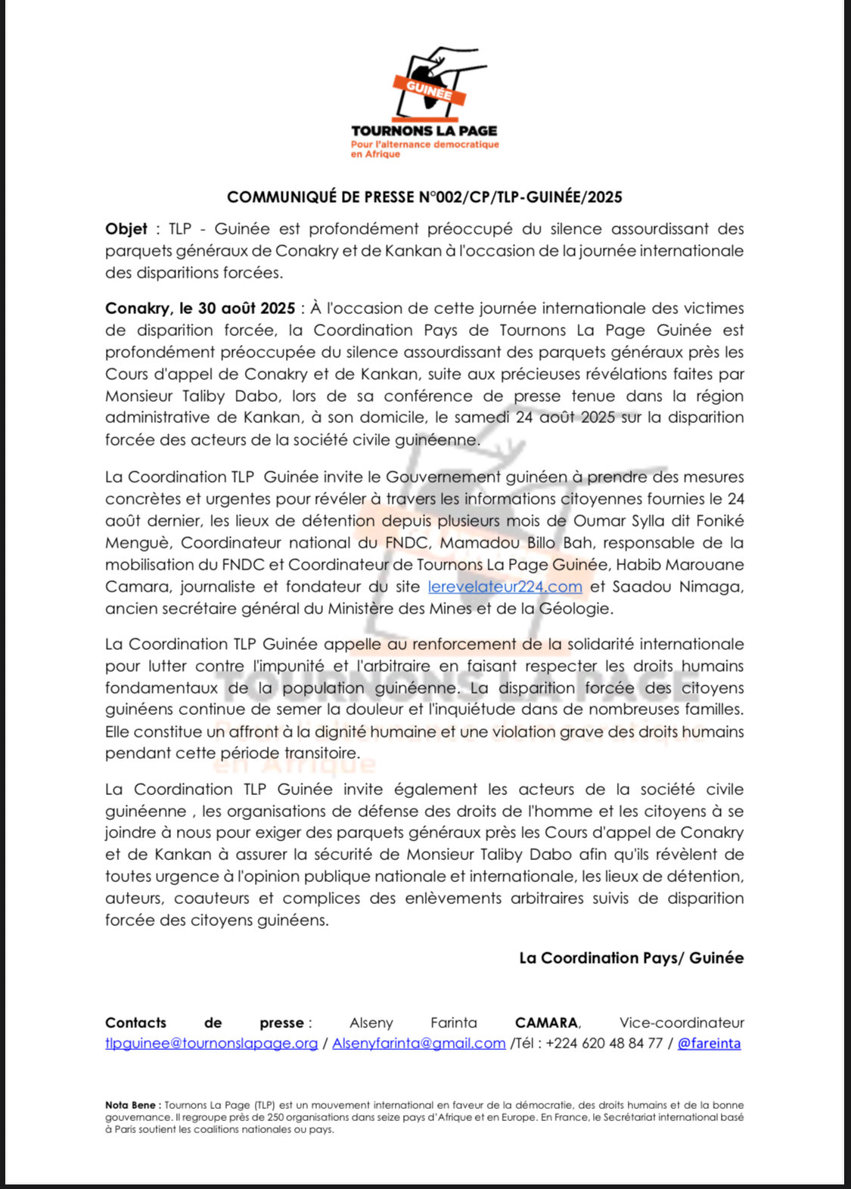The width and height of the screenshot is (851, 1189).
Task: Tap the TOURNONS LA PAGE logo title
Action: coord(424,131)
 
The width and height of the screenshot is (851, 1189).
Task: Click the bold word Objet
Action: coord(126,228)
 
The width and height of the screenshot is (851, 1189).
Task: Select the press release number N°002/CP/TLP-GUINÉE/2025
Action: coord(520,197)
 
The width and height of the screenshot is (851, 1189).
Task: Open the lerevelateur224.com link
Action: coord(505,587)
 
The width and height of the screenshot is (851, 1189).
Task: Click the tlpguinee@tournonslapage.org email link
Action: coord(211,1044)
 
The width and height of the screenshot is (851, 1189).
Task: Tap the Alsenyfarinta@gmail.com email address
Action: coord(418,1044)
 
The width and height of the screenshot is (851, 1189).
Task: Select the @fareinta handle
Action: coord(709,1044)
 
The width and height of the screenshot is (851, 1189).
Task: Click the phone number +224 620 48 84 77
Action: coord(604,1044)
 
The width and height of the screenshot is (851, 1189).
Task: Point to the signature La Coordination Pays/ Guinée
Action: coord(631,958)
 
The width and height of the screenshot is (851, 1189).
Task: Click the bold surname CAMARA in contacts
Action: coord(547,1023)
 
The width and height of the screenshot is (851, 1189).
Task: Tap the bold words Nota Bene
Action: coord(130,1105)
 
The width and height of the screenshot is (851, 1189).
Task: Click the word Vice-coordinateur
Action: coord(682,1023)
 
